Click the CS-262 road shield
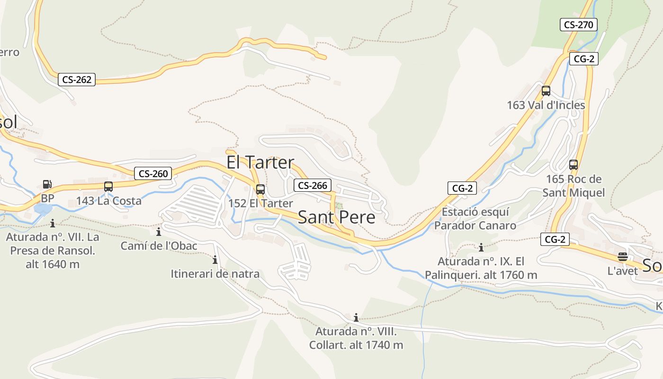[77, 80]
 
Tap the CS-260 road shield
[152, 174]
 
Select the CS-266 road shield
[312, 185]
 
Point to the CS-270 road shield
[578, 25]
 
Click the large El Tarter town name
[260, 162]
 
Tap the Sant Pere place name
[336, 217]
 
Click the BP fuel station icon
[47, 184]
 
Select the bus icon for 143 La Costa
[108, 187]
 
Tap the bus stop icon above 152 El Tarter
[260, 189]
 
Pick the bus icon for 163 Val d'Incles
[546, 91]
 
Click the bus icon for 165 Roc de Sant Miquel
[573, 165]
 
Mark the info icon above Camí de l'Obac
[158, 232]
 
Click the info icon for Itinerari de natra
[215, 260]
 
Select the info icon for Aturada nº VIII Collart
[356, 317]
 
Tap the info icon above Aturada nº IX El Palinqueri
[481, 247]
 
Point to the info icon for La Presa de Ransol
[52, 223]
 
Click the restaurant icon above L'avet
[622, 257]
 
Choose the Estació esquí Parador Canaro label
[475, 218]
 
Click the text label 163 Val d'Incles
[546, 105]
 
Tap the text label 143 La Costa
[108, 201]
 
